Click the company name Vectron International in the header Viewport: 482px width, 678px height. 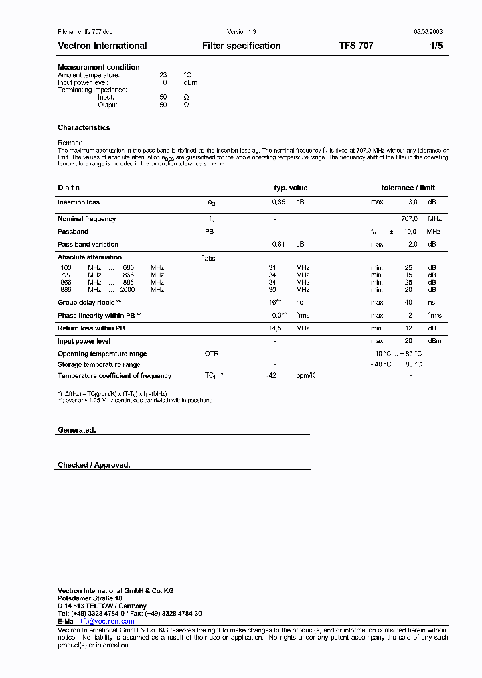click(x=102, y=46)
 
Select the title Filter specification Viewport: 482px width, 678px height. click(x=241, y=46)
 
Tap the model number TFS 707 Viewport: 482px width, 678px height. click(x=356, y=46)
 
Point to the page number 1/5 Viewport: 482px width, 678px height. click(x=436, y=46)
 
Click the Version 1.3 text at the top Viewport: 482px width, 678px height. click(x=241, y=31)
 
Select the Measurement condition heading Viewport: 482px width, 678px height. click(x=98, y=67)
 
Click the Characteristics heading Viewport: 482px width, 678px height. click(x=84, y=127)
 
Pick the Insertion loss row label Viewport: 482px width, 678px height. click(x=78, y=202)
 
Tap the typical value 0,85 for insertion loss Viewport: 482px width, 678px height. click(x=278, y=202)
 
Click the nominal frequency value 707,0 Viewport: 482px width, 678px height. click(x=409, y=219)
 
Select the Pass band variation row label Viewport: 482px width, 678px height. click(x=88, y=245)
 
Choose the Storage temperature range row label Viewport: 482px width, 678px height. click(x=98, y=364)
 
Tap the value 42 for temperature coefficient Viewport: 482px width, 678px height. click(x=272, y=376)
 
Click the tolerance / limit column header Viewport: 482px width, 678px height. click(x=408, y=188)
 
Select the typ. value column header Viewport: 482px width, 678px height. click(x=291, y=188)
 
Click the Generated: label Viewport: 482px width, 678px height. click(x=76, y=430)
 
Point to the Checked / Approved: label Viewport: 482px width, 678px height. click(x=94, y=464)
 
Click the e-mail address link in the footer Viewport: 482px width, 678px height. click(x=107, y=621)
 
